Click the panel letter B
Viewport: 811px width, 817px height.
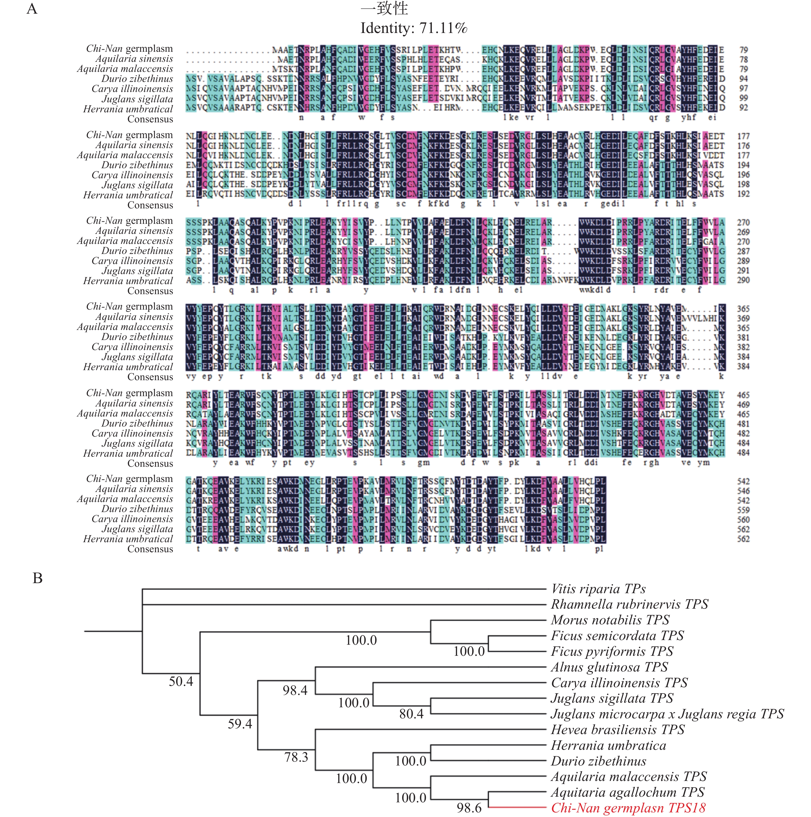[38, 578]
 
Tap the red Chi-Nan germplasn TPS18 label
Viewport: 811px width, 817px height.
[628, 808]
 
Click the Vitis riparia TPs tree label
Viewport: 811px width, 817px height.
[598, 589]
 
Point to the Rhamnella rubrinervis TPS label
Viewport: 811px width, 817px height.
[629, 604]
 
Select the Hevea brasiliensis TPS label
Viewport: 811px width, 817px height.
[617, 729]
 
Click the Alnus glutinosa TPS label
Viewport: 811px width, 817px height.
[609, 667]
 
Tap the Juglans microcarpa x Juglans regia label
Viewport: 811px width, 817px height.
[667, 714]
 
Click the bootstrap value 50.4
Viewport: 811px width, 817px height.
[181, 681]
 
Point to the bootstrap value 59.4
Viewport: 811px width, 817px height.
[240, 724]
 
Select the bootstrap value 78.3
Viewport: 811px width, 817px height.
[296, 757]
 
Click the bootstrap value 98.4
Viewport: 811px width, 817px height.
[295, 691]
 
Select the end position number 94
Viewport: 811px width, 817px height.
[743, 79]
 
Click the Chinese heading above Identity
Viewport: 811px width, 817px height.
[384, 8]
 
